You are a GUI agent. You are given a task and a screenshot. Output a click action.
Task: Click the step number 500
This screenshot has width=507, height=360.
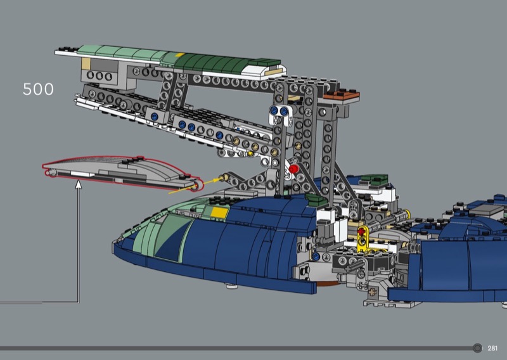(38, 89)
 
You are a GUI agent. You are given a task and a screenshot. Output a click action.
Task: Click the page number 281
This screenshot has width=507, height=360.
(492, 348)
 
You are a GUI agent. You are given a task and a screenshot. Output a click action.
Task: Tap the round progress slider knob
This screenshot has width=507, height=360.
(477, 348)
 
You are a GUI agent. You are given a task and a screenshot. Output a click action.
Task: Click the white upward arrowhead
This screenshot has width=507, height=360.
(78, 184)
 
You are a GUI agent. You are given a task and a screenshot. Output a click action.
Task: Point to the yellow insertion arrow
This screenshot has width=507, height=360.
(195, 186)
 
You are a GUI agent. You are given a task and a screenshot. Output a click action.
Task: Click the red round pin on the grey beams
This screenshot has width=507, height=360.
(293, 169)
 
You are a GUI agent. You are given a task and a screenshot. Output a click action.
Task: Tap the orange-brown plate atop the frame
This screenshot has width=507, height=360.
(342, 96)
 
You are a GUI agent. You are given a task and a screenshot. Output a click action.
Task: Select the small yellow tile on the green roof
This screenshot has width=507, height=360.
(180, 55)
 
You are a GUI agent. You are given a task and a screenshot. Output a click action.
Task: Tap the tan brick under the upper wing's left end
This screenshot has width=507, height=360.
(86, 64)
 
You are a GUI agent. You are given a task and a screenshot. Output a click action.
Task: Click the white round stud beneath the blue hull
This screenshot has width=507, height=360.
(230, 286)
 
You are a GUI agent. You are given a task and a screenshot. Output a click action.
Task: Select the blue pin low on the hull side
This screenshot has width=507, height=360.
(316, 257)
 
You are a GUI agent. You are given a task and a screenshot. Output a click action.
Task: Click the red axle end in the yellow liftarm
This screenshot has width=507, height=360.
(361, 231)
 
